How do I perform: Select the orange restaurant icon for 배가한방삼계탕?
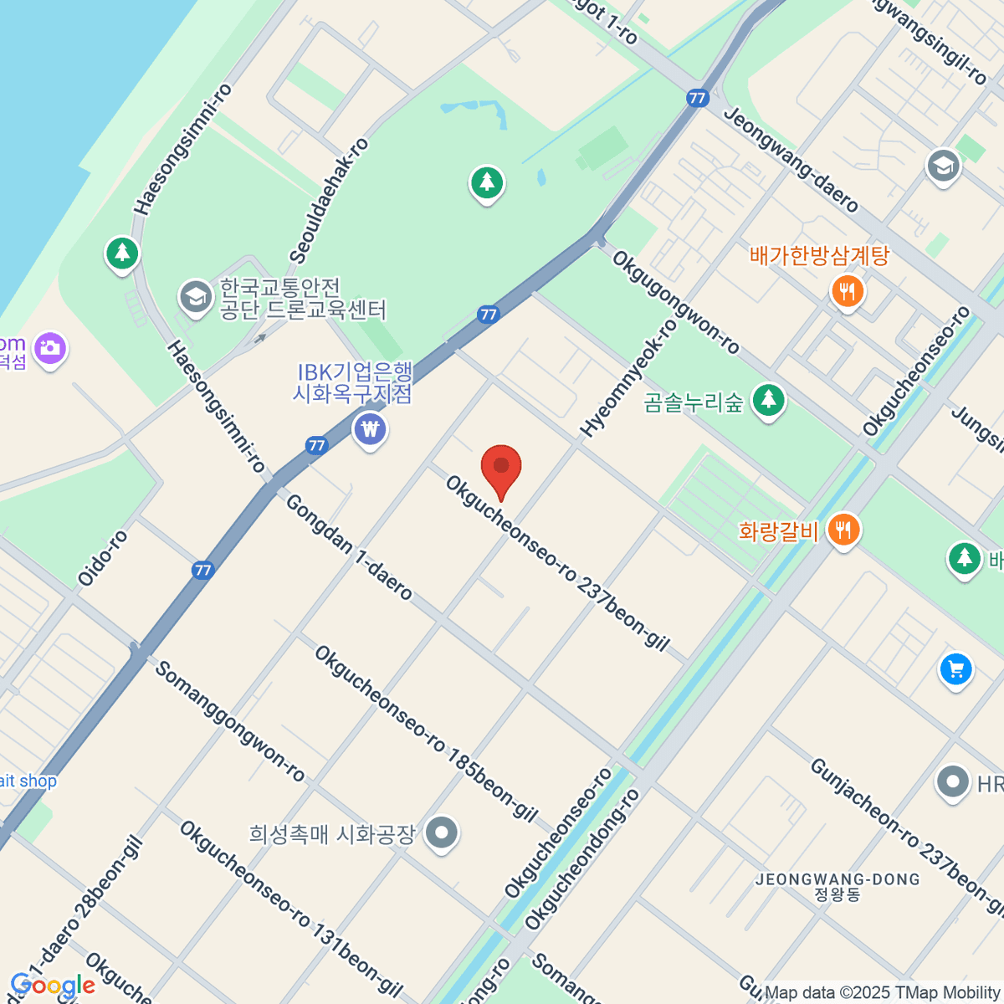click(848, 292)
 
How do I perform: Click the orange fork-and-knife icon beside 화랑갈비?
click(843, 530)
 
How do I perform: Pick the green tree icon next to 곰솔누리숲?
click(768, 401)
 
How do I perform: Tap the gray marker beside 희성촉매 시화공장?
click(442, 833)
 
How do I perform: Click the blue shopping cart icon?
click(955, 669)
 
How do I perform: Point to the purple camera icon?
click(51, 347)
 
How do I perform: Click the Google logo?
click(53, 986)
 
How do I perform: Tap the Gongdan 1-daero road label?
click(349, 547)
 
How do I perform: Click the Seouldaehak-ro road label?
click(328, 202)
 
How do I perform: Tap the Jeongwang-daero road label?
click(791, 160)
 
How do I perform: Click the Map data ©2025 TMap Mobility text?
click(883, 992)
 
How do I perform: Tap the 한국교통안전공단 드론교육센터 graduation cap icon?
click(196, 297)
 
